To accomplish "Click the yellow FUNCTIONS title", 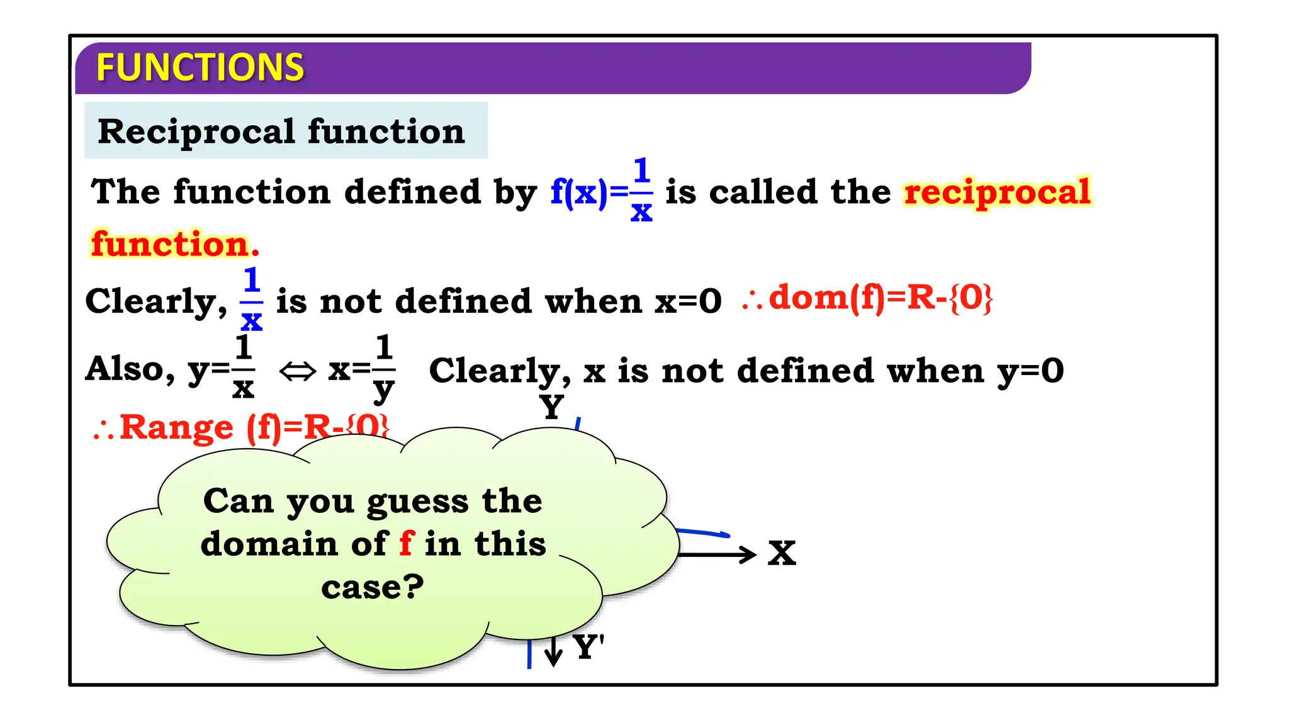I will coord(200,67).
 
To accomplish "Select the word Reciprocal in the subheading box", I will coord(196,132).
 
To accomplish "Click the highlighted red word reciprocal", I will coord(997,191).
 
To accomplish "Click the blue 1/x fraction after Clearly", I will coord(251,300).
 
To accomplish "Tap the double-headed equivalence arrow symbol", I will coord(297,371).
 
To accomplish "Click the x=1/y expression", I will coord(362,370).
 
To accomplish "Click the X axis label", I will coord(782,554).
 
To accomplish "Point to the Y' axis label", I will coord(588,647).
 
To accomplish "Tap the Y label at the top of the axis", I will coord(552,407).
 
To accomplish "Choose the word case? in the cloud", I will coord(373,587).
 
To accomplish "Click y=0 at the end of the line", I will coord(1030,371).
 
